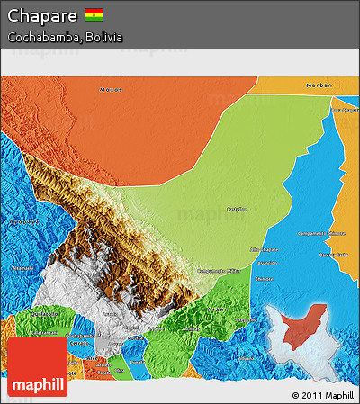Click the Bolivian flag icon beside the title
pos(94,15)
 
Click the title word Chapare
pos(42,15)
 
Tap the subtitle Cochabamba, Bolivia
pos(65,38)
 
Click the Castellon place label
pos(235,207)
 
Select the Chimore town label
pos(265,280)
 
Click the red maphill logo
pos(37,367)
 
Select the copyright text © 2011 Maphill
pos(322,395)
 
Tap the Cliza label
pos(118,370)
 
